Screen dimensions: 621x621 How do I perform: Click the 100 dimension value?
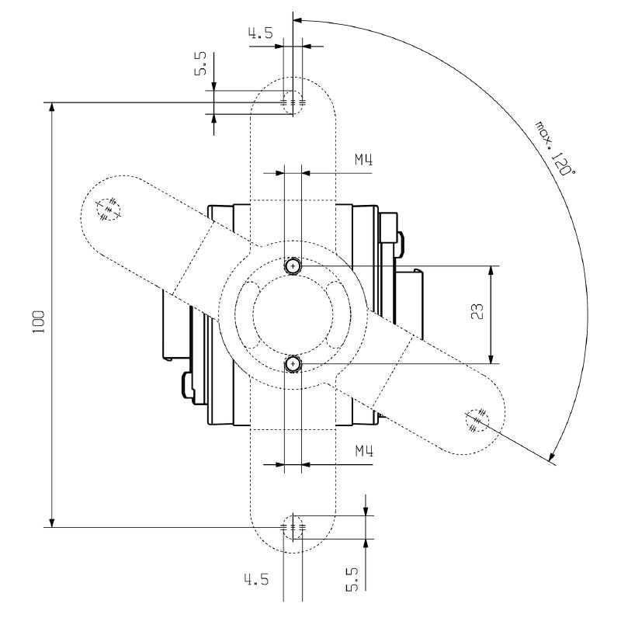[x=39, y=321]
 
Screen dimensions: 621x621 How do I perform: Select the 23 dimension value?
[x=478, y=312]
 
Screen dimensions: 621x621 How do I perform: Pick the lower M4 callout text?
[x=364, y=451]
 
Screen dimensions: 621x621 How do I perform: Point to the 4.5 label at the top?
[x=260, y=33]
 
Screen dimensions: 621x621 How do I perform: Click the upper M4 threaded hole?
[x=293, y=266]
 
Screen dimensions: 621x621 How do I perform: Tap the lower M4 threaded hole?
[x=293, y=363]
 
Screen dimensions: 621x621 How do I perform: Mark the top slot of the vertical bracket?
[x=293, y=102]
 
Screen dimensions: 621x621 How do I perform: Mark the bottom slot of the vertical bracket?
[x=293, y=528]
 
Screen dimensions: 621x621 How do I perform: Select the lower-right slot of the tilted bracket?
[x=477, y=422]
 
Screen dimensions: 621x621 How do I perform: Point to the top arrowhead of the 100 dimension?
[x=52, y=108]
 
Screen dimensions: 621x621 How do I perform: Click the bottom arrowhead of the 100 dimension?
[x=52, y=522]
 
